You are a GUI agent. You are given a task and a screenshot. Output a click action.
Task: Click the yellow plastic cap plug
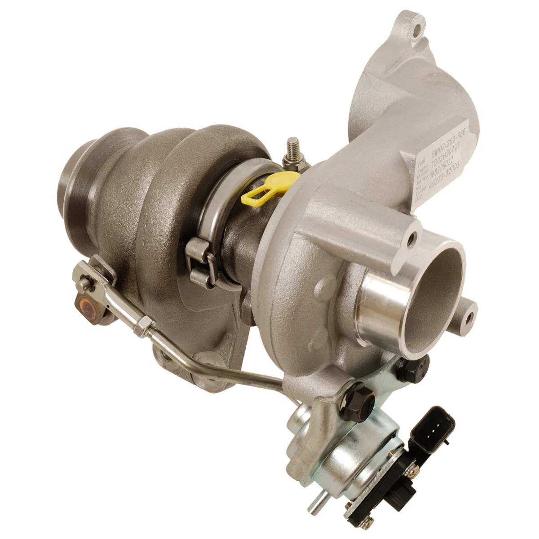click(261, 189)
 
